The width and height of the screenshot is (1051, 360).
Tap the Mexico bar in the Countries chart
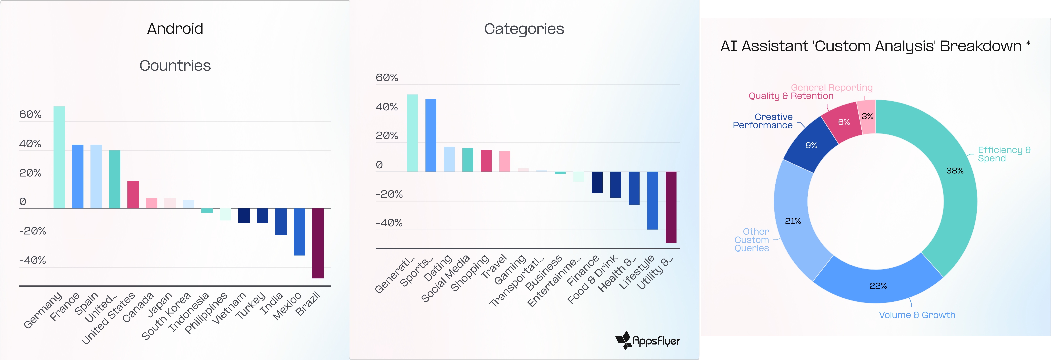click(x=299, y=232)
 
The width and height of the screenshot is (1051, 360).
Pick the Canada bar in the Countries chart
click(x=133, y=195)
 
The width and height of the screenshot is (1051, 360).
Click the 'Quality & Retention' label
click(x=791, y=96)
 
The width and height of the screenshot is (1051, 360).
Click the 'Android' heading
click(x=175, y=29)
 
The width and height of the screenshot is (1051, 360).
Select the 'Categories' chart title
click(x=524, y=29)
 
